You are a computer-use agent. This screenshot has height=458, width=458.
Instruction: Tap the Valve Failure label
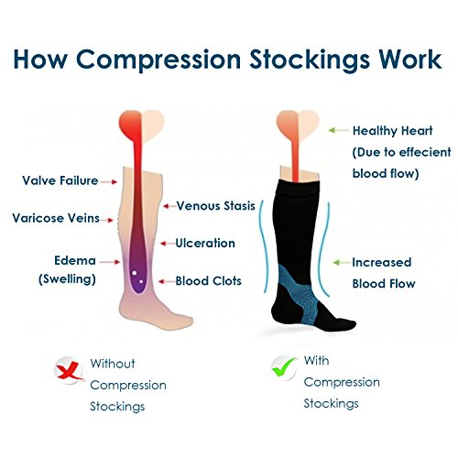[60, 180]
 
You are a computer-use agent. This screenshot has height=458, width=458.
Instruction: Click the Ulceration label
[205, 244]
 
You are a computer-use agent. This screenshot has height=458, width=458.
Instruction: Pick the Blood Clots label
[208, 281]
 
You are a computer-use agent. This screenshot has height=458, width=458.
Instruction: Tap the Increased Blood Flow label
[383, 272]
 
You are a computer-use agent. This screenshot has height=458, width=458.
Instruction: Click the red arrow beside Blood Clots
[165, 281]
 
